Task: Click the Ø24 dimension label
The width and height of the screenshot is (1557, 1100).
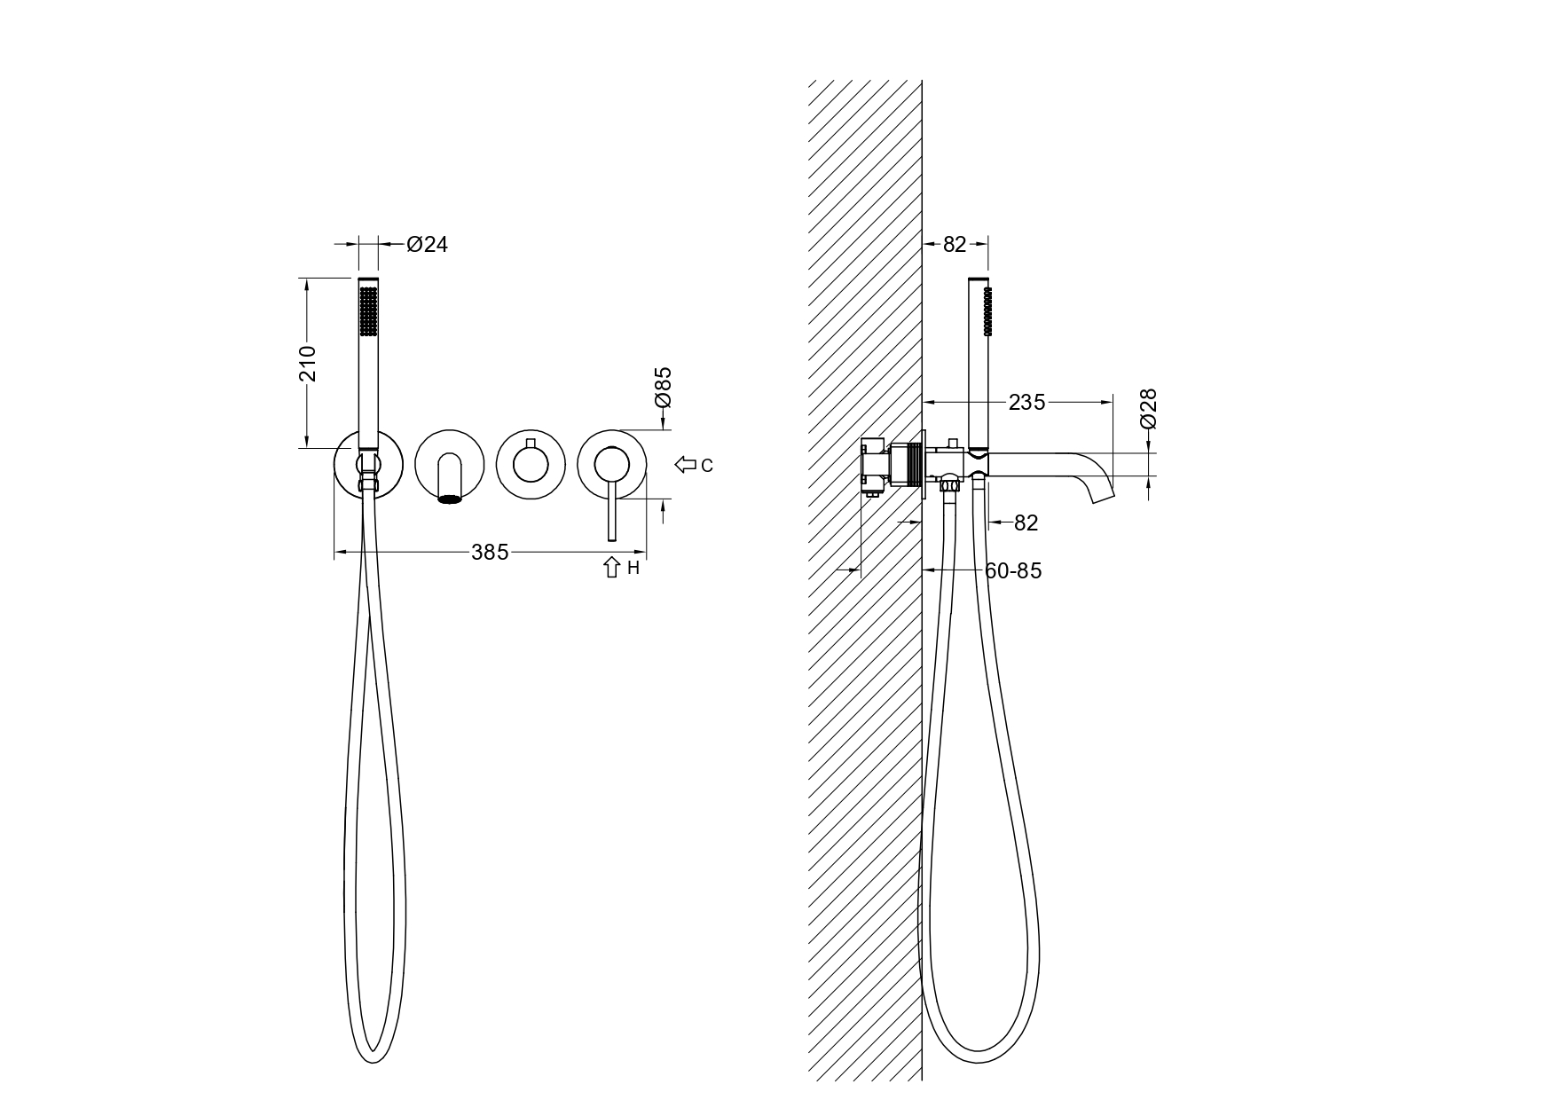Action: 428,244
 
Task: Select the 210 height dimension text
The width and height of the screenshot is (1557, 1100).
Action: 308,363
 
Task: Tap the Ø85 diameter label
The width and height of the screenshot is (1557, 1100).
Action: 663,388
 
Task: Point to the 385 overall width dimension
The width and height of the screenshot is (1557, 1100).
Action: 490,553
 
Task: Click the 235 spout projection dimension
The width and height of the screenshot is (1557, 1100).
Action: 1026,403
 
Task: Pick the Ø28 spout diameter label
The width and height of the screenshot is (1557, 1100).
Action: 1148,409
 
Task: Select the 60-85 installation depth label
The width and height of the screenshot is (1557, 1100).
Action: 1013,571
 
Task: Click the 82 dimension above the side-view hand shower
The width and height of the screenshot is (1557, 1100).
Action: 955,244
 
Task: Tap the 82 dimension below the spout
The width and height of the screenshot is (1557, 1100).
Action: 1026,523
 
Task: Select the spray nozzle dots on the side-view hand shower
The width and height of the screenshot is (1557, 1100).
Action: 990,310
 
